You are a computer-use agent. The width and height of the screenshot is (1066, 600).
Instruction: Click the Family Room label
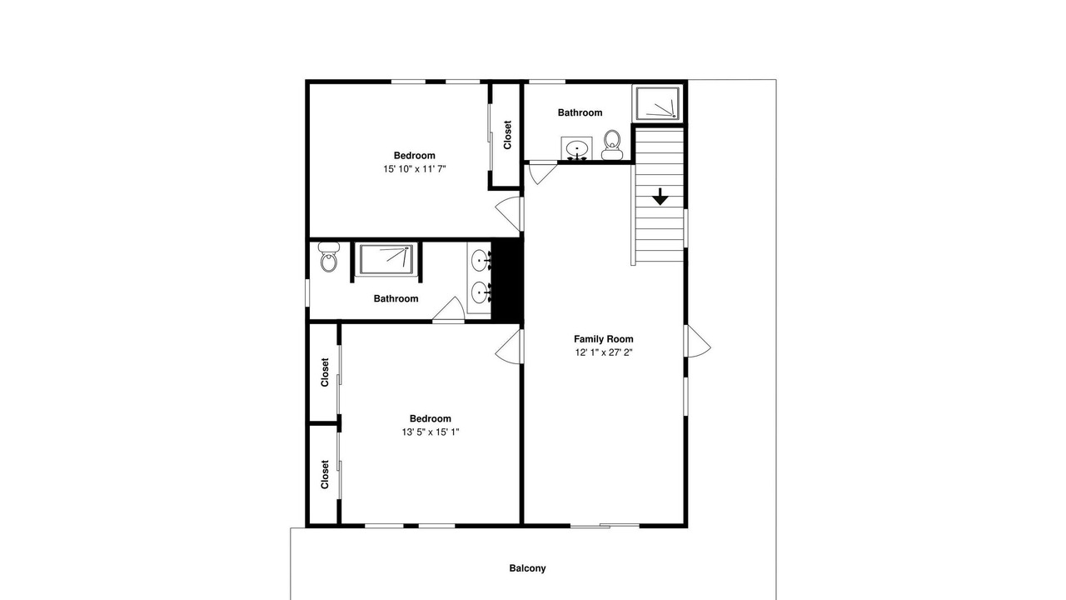coord(604,339)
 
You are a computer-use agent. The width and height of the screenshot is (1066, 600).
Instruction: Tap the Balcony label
coord(527,568)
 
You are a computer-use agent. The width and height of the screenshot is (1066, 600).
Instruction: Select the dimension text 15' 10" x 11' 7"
coord(415,169)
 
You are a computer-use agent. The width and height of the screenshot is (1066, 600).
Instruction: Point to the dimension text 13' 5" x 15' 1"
coord(431,432)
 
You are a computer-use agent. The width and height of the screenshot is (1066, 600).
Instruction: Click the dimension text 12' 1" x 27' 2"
coord(604,352)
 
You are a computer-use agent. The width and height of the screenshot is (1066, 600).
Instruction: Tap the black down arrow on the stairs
coord(660,197)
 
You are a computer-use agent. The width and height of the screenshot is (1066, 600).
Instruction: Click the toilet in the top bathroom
coord(612,145)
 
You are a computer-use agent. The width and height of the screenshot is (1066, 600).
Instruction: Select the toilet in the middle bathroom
coord(328,257)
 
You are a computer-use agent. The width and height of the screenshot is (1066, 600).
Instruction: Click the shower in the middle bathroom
coord(386,259)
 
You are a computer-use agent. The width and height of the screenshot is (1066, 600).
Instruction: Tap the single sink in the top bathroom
coord(577,148)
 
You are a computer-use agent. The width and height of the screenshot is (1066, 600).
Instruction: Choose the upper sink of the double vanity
coord(480,261)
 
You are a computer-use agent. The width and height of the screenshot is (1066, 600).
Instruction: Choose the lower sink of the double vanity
coord(480,292)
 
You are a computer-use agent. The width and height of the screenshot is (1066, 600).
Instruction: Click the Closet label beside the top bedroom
coord(507,135)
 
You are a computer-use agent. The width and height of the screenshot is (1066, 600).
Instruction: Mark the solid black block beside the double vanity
coord(507,281)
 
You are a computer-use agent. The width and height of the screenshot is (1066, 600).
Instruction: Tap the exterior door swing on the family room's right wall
coord(698,342)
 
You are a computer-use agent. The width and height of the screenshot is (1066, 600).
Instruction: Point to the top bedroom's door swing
coord(508,214)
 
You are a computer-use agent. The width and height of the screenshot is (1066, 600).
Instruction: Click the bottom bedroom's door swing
coord(508,346)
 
